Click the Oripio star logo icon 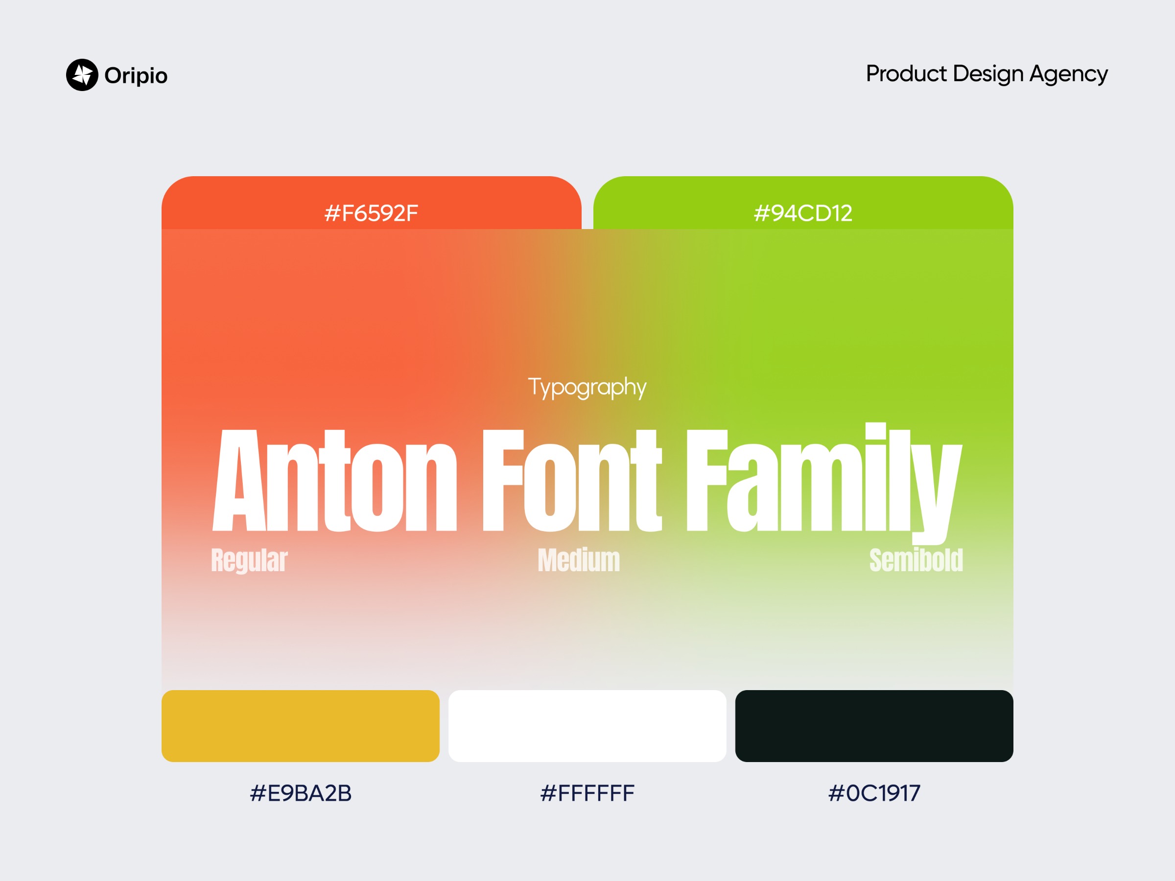(82, 75)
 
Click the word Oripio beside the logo (136, 76)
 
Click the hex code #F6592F (371, 213)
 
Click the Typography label (587, 388)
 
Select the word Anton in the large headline (335, 480)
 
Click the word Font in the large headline (572, 480)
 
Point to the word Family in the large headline (824, 483)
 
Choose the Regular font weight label (249, 561)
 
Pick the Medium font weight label (579, 560)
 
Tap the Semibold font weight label (916, 560)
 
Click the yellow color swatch (301, 726)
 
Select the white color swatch (587, 726)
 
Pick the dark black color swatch (874, 726)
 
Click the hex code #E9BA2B (301, 793)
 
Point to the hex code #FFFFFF (587, 793)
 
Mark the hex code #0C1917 (874, 793)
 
